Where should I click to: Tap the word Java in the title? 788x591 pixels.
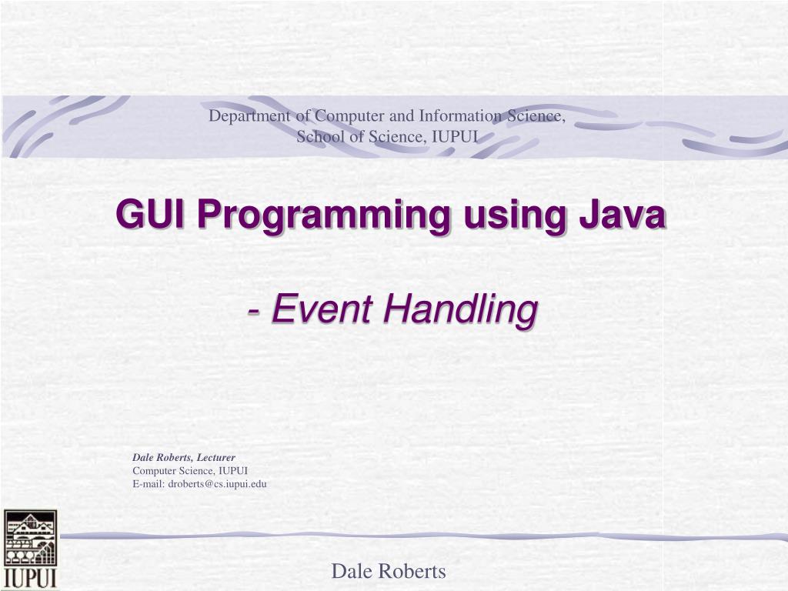(623, 214)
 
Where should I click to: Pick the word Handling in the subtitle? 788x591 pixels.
(461, 311)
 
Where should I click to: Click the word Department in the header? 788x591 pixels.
(249, 116)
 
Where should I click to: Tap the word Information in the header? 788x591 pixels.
(460, 115)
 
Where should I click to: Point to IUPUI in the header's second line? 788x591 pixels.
(455, 136)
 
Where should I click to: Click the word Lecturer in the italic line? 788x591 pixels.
(215, 457)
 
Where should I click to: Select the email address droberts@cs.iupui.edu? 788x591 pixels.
(218, 484)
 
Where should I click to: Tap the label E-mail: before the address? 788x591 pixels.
(149, 484)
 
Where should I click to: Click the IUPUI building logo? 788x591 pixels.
(30, 539)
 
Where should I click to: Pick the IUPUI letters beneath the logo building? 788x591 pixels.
(30, 578)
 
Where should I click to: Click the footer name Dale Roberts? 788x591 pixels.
(389, 572)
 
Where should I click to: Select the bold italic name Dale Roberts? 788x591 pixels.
(162, 457)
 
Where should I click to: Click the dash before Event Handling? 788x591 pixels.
(254, 312)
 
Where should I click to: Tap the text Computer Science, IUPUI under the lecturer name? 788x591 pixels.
(190, 471)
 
